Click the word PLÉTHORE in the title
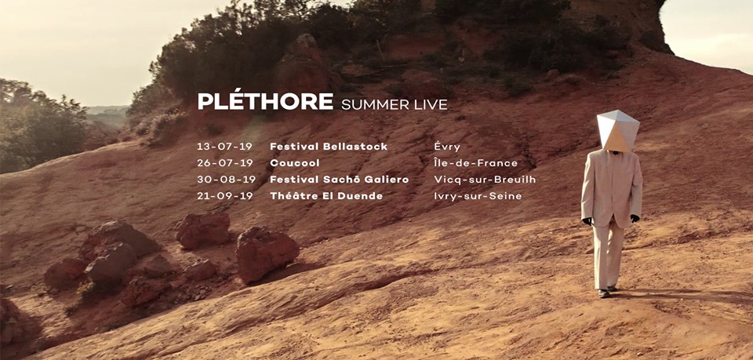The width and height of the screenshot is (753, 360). tap(265, 101)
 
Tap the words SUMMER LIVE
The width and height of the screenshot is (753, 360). tap(395, 104)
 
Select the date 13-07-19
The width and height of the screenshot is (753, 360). tap(225, 147)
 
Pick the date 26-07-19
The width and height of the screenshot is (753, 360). tap(225, 162)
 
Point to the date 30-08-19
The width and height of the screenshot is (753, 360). tap(226, 180)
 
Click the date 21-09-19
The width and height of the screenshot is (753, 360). tap(225, 196)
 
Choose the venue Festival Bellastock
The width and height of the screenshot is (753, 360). tap(329, 147)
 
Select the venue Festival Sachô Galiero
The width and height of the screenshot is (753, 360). tap(340, 180)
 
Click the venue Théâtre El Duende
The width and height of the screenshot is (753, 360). tap(326, 196)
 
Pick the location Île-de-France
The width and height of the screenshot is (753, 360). tap(476, 162)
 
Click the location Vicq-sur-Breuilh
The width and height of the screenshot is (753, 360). tap(485, 180)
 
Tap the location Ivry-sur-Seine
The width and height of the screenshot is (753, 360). tap(478, 196)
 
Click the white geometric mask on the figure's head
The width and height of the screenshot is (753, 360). tap(617, 130)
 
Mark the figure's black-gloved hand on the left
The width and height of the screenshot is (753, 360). tap(587, 221)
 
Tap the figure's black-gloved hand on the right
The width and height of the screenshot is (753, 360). tap(635, 218)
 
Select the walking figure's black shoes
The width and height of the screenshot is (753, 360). tap(606, 291)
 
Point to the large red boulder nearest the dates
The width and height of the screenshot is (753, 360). tap(267, 253)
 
